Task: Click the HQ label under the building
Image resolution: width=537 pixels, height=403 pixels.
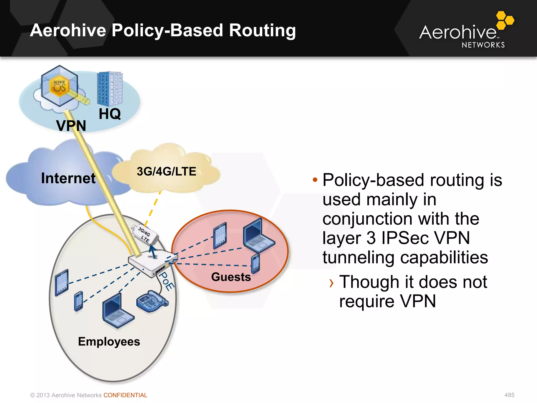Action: pos(110,114)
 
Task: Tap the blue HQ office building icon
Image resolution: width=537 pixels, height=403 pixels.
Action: pos(110,89)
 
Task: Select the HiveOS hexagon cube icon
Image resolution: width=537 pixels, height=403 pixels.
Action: pos(60,86)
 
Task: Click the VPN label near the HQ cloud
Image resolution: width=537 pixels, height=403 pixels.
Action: pos(71,126)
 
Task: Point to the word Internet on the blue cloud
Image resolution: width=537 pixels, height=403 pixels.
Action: pos(68,178)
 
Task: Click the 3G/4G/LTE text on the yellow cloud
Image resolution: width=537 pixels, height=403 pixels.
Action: pos(166,172)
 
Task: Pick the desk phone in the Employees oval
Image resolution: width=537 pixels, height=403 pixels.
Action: pos(152,301)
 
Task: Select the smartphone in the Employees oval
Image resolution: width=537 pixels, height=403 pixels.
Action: pos(78,301)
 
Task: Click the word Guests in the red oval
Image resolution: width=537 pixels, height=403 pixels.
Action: pos(231,277)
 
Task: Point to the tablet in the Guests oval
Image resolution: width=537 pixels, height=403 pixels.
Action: pos(220,235)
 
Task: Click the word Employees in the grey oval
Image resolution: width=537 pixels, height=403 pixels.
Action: pos(109,342)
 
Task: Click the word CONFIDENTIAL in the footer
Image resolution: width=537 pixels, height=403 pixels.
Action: pos(125,395)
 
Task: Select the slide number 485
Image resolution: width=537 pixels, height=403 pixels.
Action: pos(509,395)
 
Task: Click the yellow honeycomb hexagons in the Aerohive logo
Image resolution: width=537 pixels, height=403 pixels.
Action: pos(504,20)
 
